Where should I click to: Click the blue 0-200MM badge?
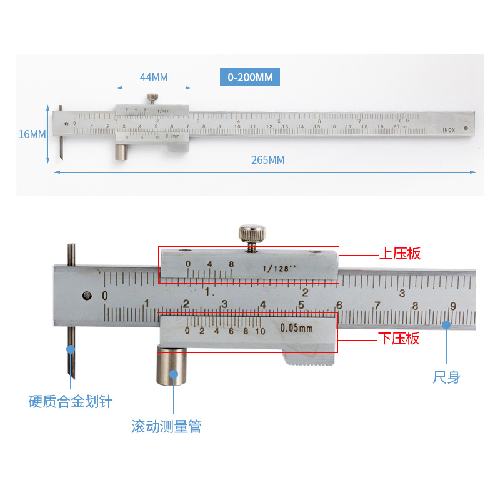point(250,77)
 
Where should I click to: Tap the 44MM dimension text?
point(154,77)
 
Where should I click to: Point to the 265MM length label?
point(267,160)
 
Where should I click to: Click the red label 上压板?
point(401,254)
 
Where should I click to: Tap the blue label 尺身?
point(446,377)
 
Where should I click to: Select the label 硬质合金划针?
point(71,401)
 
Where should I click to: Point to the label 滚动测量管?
point(167,427)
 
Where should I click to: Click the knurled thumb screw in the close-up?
point(251,235)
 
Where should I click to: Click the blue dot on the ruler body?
point(446,324)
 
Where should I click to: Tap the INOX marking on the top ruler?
point(449,130)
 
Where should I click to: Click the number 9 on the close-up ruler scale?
point(453,306)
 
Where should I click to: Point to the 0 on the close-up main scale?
point(105,296)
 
